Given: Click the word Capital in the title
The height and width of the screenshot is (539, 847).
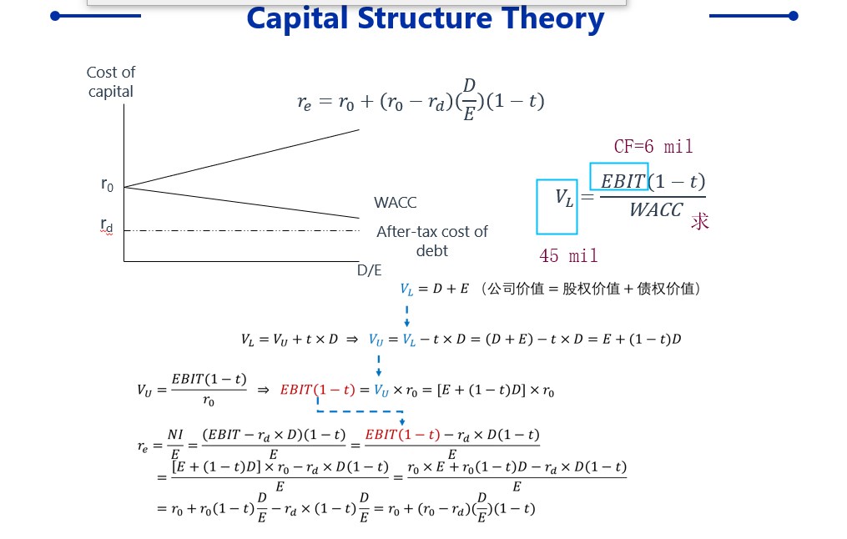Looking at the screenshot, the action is [297, 19].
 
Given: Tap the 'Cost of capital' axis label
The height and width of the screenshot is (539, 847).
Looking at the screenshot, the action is [111, 82].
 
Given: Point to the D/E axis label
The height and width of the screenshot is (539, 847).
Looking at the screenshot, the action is [370, 270].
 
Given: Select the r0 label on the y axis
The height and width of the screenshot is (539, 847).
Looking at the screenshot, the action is [107, 184].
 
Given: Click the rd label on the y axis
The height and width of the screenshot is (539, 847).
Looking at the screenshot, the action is [107, 225].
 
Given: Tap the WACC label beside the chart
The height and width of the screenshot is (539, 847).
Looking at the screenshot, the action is [396, 203].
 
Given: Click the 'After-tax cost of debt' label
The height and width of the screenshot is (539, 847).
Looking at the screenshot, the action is [432, 241].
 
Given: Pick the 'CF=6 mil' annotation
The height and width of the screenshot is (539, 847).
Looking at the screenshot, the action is [653, 146].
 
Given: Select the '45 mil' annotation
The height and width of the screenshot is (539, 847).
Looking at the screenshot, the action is [568, 255].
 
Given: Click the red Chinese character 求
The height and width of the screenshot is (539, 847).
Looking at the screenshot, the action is [699, 221].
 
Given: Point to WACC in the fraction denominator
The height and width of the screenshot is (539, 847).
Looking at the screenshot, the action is [656, 209].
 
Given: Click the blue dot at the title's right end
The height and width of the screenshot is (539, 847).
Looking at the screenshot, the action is [793, 16].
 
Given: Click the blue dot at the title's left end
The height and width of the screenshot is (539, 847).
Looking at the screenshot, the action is [55, 16].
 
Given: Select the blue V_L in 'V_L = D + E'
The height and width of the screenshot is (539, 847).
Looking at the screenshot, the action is [406, 290].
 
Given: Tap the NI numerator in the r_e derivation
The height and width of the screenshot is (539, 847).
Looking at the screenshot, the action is [175, 435].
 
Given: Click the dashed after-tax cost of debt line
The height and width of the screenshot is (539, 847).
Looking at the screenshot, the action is [241, 230].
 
